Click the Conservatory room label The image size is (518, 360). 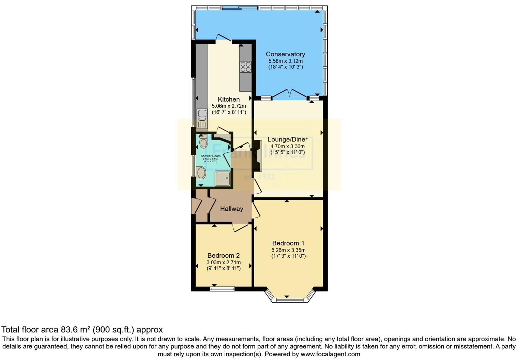(x=285, y=54)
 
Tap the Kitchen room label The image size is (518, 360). (x=229, y=99)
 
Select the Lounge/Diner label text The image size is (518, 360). (x=287, y=139)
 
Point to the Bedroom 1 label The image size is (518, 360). (x=288, y=243)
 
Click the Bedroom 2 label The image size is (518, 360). (x=224, y=255)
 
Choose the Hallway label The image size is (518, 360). (x=231, y=209)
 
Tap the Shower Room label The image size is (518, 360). (x=211, y=156)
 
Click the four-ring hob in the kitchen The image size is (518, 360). (x=245, y=67)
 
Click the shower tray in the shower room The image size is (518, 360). (x=223, y=178)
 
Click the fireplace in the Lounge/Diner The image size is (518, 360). (x=258, y=155)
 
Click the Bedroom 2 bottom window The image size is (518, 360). (x=222, y=289)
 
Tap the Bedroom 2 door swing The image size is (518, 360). (x=241, y=227)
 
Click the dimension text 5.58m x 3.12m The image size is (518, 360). (x=285, y=61)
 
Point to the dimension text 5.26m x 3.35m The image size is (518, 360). (x=288, y=250)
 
